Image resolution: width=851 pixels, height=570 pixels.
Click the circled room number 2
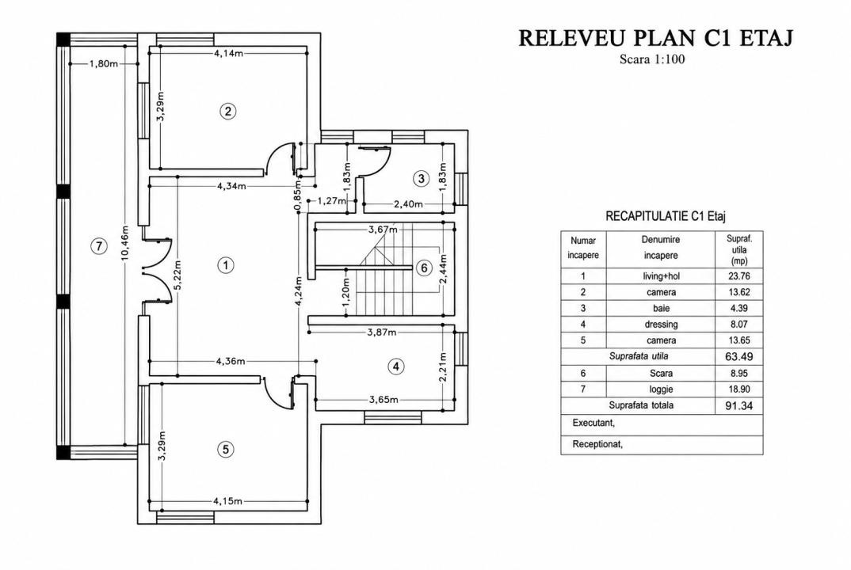pyautogui.click(x=227, y=111)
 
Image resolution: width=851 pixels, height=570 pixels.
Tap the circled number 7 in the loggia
pyautogui.click(x=98, y=246)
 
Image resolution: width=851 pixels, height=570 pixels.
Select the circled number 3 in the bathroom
pyautogui.click(x=422, y=178)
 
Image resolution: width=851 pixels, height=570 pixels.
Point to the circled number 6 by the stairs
pyautogui.click(x=425, y=268)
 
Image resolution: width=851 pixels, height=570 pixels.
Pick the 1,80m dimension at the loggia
pyautogui.click(x=104, y=63)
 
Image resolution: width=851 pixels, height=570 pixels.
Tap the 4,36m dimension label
pyautogui.click(x=230, y=361)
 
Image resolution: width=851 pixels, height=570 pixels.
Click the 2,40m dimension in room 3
pyautogui.click(x=408, y=204)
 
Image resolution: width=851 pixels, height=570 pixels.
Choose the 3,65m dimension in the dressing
pyautogui.click(x=384, y=400)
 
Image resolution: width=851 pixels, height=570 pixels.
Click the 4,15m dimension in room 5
pyautogui.click(x=228, y=501)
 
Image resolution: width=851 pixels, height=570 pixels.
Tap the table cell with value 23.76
pyautogui.click(x=739, y=276)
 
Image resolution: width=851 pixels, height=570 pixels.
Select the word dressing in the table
pyautogui.click(x=661, y=325)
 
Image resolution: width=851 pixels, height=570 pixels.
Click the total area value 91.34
pyautogui.click(x=739, y=405)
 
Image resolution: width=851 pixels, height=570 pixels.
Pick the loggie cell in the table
pyautogui.click(x=661, y=389)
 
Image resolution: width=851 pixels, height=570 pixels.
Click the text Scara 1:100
pyautogui.click(x=652, y=59)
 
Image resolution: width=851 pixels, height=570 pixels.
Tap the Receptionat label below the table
pyautogui.click(x=597, y=445)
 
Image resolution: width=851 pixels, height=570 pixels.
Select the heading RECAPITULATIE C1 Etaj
pyautogui.click(x=666, y=216)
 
